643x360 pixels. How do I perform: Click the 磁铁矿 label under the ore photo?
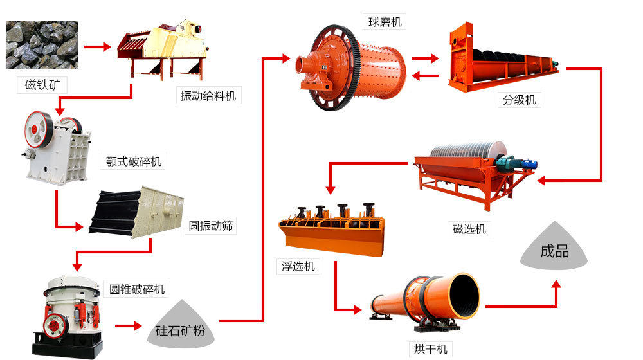click(x=42, y=85)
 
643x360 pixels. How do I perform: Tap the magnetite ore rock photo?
click(x=42, y=45)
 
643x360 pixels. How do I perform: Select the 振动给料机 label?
click(x=208, y=96)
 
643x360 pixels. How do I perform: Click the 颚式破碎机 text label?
click(x=133, y=161)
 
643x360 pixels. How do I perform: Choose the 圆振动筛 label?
click(x=211, y=226)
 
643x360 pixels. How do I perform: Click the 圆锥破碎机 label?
click(x=136, y=289)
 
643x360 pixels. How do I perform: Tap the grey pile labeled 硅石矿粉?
click(x=181, y=325)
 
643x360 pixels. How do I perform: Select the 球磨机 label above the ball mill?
click(x=385, y=22)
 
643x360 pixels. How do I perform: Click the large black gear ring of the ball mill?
click(x=336, y=67)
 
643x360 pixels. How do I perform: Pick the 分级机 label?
click(x=519, y=100)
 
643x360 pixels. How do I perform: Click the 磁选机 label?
click(x=469, y=229)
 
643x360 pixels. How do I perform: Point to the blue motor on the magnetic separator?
click(x=529, y=164)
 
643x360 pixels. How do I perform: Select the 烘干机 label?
click(x=431, y=349)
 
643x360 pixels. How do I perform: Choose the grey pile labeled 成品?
click(x=554, y=246)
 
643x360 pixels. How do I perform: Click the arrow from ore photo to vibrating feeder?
click(x=97, y=47)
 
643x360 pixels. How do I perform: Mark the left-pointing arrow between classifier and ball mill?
click(x=425, y=75)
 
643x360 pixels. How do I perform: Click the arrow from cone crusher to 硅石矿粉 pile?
click(x=129, y=326)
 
